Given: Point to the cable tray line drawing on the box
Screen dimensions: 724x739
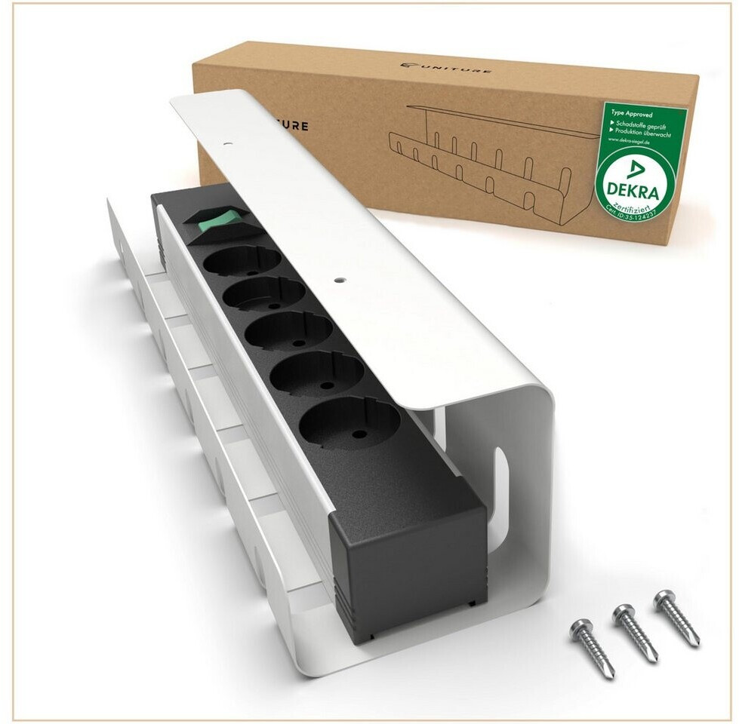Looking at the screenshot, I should click(x=483, y=155).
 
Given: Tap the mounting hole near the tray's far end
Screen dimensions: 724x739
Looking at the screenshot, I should click(x=227, y=141).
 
